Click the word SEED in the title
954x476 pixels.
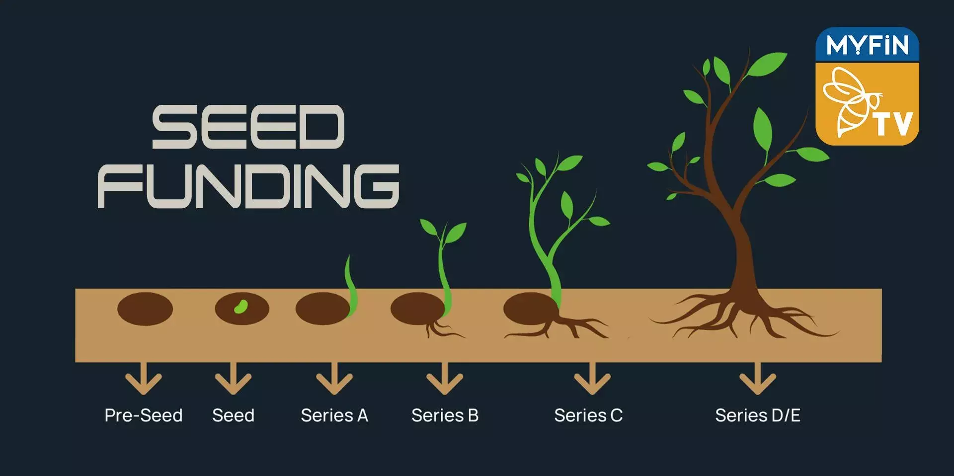pyautogui.click(x=248, y=127)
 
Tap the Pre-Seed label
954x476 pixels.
pyautogui.click(x=143, y=415)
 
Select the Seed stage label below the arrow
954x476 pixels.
pyautogui.click(x=233, y=415)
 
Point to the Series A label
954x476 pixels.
pyautogui.click(x=334, y=415)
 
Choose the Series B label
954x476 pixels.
pyautogui.click(x=445, y=415)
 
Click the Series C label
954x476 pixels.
pyautogui.click(x=588, y=415)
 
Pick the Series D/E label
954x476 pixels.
pyautogui.click(x=758, y=415)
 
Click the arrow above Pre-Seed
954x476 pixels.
pyautogui.click(x=143, y=380)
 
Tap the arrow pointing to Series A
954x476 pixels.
pyautogui.click(x=334, y=380)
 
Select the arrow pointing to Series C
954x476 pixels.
pyautogui.click(x=592, y=380)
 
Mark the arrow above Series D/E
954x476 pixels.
pyautogui.click(x=758, y=380)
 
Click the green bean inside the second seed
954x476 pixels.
pyautogui.click(x=241, y=307)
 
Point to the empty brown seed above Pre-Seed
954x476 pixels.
pyautogui.click(x=145, y=309)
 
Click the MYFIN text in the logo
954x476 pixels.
pyautogui.click(x=867, y=45)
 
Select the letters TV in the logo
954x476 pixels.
pyautogui.click(x=893, y=124)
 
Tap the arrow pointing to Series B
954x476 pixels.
pyautogui.click(x=445, y=380)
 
